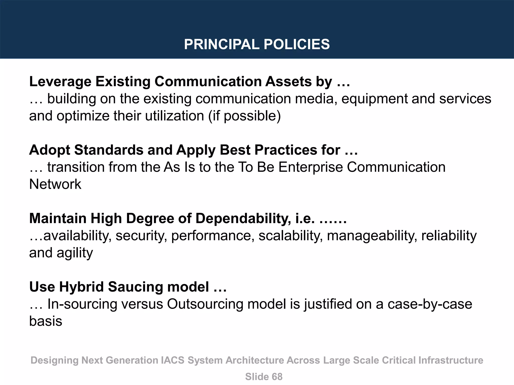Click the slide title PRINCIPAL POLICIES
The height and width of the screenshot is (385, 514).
pyautogui.click(x=257, y=44)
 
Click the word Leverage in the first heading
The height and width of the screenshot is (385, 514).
pyautogui.click(x=60, y=82)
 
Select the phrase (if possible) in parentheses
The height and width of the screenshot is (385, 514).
pyautogui.click(x=244, y=116)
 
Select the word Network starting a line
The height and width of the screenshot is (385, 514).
pyautogui.click(x=55, y=184)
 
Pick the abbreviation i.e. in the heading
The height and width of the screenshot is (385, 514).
pyautogui.click(x=305, y=218)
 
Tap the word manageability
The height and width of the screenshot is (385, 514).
pyautogui.click(x=372, y=236)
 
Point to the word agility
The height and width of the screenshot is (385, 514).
pyautogui.click(x=75, y=253)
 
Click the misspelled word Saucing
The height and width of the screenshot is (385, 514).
pyautogui.click(x=136, y=287)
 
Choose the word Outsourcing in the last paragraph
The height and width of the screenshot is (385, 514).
pyautogui.click(x=205, y=304)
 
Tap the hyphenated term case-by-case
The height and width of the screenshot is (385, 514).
pyautogui.click(x=430, y=304)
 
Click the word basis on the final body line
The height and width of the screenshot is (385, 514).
pyautogui.click(x=45, y=321)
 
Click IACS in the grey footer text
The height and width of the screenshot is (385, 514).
pyautogui.click(x=172, y=360)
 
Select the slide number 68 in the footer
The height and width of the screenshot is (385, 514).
pyautogui.click(x=277, y=377)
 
